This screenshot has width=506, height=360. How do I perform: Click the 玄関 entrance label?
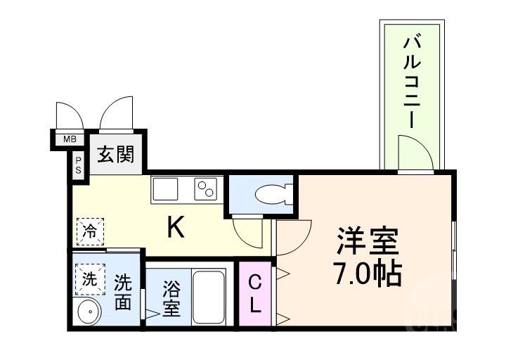pyautogui.click(x=115, y=154)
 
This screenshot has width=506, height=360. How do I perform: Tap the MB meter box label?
pyautogui.click(x=70, y=139)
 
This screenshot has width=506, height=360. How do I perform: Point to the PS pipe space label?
pyautogui.click(x=78, y=166)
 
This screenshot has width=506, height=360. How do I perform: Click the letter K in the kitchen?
pyautogui.click(x=176, y=226)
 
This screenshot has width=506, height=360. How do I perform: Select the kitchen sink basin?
pyautogui.click(x=167, y=188)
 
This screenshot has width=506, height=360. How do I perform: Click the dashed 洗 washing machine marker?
pyautogui.click(x=89, y=277)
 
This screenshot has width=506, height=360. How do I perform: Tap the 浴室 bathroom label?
pyautogui.click(x=171, y=299)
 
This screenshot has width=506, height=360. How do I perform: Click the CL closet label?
pyautogui.click(x=254, y=294)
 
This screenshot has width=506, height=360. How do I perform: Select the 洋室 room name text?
pyautogui.click(x=368, y=240)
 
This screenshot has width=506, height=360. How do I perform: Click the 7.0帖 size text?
pyautogui.click(x=366, y=274)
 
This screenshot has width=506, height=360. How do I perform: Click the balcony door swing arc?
pyautogui.click(x=413, y=150)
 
